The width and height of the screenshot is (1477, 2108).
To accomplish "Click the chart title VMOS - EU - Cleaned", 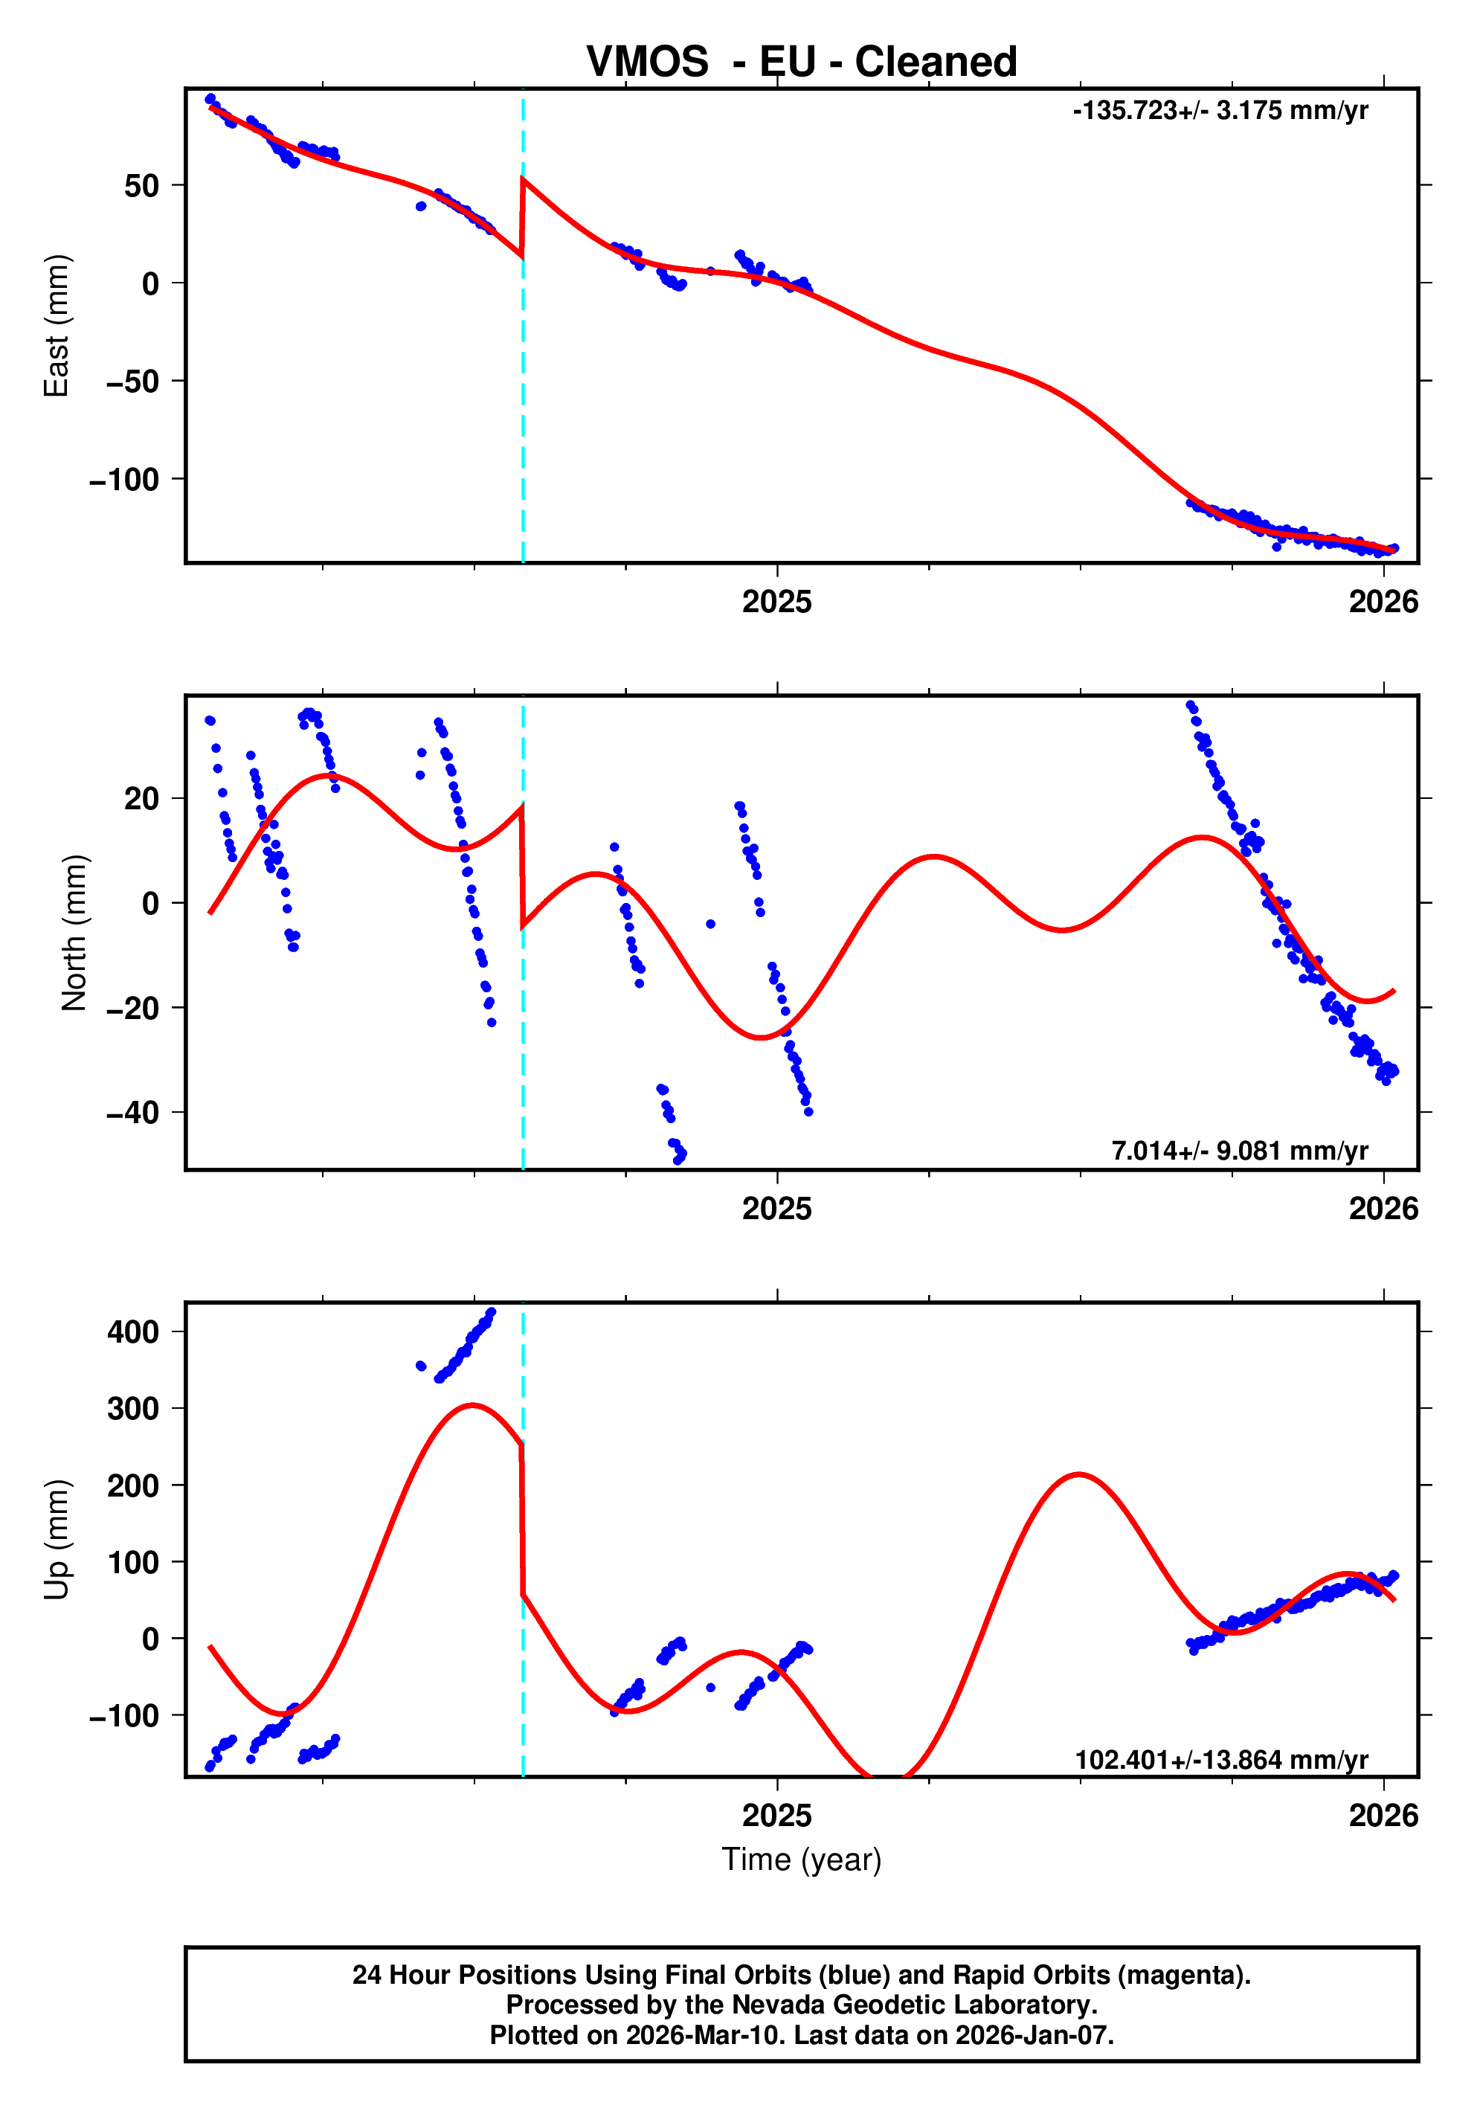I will [802, 62].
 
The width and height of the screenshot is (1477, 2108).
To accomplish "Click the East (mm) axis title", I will [57, 326].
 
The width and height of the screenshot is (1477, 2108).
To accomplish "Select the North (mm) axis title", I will [74, 933].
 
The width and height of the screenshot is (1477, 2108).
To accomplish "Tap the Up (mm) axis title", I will [57, 1540].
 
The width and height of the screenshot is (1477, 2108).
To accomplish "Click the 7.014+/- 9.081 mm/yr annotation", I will [1239, 1151].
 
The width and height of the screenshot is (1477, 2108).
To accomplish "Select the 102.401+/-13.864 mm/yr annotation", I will [1221, 1760].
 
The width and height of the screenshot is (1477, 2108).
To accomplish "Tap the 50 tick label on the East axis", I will [141, 187].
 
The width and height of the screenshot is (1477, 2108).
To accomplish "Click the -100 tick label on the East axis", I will [124, 479].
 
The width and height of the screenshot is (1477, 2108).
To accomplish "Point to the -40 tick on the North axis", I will [132, 1113].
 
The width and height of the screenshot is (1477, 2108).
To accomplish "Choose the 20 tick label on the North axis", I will [141, 799].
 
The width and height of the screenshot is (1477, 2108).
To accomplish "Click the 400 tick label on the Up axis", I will [133, 1331].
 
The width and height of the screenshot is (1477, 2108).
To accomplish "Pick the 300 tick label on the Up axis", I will [133, 1408].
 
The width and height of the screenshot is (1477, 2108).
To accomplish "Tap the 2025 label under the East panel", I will [776, 602].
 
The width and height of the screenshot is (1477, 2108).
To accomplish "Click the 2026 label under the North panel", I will [1383, 1209].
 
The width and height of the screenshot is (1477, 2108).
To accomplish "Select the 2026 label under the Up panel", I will [1383, 1816].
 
